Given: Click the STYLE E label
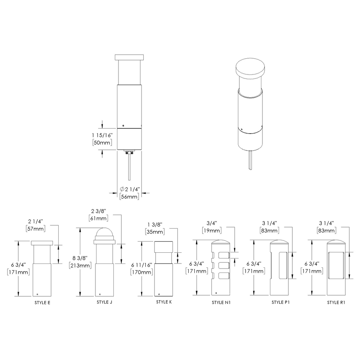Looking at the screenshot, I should pyautogui.click(x=42, y=302).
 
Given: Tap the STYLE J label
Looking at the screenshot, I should pyautogui.click(x=104, y=302).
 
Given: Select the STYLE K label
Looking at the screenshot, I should pyautogui.click(x=164, y=302).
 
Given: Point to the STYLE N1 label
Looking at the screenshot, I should pyautogui.click(x=221, y=302).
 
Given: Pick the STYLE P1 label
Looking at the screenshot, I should pyautogui.click(x=280, y=302).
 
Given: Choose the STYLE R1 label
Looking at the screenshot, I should pyautogui.click(x=336, y=302).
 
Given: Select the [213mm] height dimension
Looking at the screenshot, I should pyautogui.click(x=78, y=266).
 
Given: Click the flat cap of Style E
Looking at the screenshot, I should pyautogui.click(x=42, y=243).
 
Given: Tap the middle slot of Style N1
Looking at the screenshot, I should pyautogui.click(x=224, y=266).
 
